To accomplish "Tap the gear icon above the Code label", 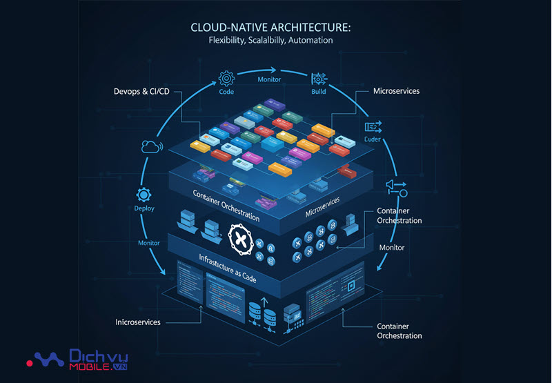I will coord(227,78).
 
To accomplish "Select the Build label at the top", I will coord(319,91).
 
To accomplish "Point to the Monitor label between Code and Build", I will coord(270,80).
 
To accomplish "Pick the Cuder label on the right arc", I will coord(373,139).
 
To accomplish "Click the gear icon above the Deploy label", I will coord(144,195).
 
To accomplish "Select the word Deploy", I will coord(144,208).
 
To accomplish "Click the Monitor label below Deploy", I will coord(149,243).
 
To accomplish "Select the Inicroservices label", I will coord(138,322).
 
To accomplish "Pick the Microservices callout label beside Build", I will coord(396,91).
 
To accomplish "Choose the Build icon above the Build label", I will coord(319,77).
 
